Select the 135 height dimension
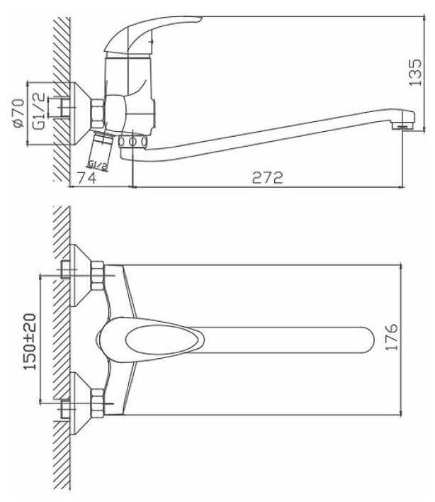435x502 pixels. [x=419, y=71]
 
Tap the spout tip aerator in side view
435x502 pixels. [x=402, y=126]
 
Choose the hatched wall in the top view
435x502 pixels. [x=61, y=340]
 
